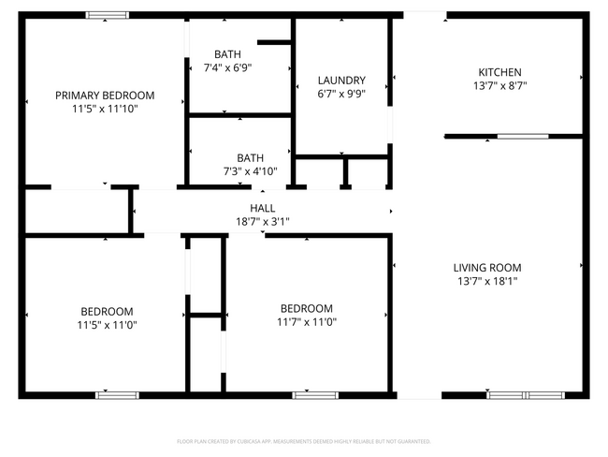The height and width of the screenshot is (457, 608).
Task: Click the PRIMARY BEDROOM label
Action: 105,96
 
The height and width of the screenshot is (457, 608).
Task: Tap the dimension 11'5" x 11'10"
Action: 105,109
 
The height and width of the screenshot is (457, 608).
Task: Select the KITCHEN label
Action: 499,72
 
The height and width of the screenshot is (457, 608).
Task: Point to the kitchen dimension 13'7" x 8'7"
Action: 499,86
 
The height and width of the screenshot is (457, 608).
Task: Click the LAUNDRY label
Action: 340,81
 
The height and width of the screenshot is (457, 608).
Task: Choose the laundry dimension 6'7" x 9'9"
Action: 340,94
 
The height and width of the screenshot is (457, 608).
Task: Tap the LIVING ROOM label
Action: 486,267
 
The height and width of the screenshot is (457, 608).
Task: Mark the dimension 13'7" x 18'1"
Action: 486,280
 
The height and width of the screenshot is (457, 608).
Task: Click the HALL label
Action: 262,208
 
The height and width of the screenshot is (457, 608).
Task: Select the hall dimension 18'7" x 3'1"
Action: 262,222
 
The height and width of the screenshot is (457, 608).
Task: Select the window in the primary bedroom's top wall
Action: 108,15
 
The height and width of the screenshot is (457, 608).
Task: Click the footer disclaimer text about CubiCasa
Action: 304,440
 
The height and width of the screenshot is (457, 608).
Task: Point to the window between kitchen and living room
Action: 522,137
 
